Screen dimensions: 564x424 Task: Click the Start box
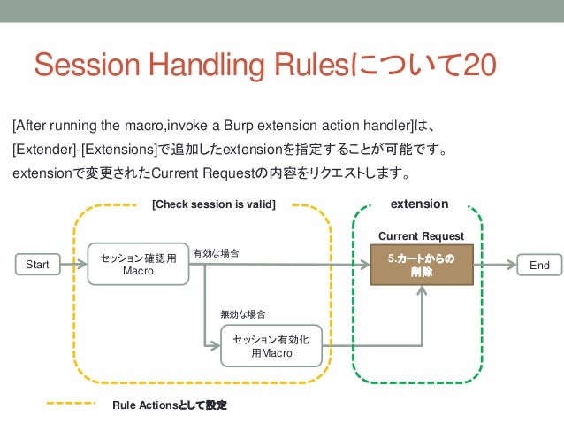point(37,265)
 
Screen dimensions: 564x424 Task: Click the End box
point(539,265)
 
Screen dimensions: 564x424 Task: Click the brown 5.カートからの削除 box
point(421,265)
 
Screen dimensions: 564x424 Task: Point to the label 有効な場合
point(216,254)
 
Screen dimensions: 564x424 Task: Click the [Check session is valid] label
point(214,204)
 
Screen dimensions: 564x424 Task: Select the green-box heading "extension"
point(419,204)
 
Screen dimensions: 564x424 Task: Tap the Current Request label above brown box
point(421,236)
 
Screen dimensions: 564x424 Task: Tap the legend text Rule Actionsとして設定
point(170,405)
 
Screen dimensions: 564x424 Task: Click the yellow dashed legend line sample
point(70,405)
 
